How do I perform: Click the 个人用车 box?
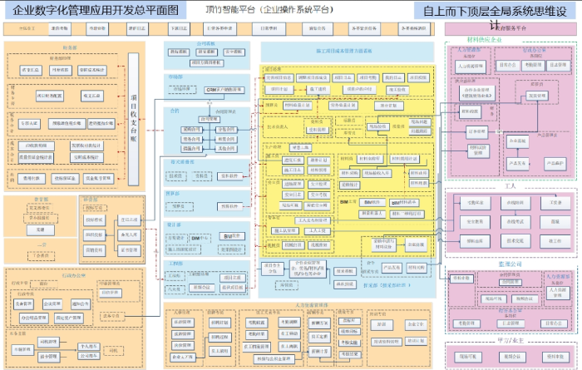[86, 343]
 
